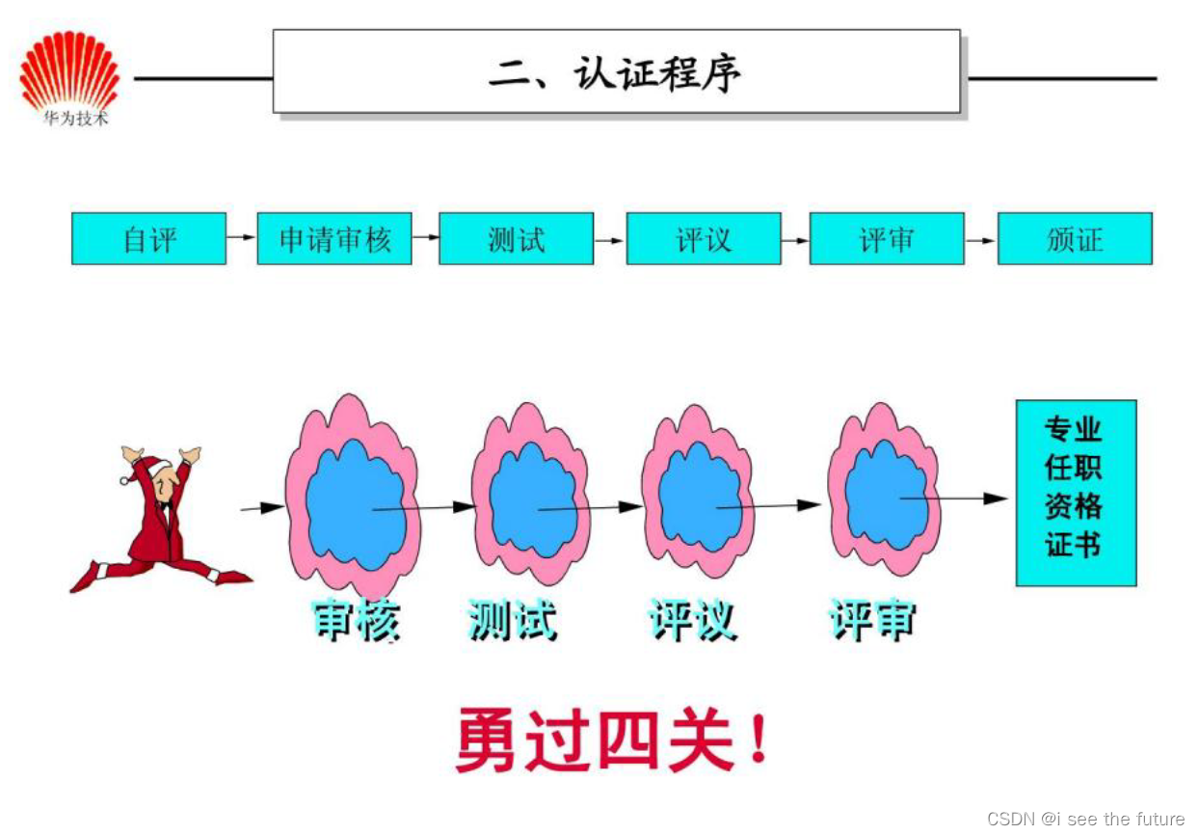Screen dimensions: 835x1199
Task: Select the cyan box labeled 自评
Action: (x=148, y=239)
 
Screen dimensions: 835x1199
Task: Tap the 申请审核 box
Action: (x=334, y=239)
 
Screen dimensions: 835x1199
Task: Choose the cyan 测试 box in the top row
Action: (x=517, y=239)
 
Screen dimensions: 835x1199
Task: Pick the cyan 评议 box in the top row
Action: (x=704, y=239)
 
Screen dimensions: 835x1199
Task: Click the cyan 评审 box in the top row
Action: (x=887, y=239)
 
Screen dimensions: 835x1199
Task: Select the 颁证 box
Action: (x=1075, y=239)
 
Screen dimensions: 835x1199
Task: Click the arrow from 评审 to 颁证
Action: (x=981, y=239)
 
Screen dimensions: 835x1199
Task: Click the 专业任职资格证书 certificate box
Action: (x=1076, y=493)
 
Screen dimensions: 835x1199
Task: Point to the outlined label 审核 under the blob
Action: (x=356, y=621)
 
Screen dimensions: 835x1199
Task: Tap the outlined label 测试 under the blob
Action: (x=512, y=621)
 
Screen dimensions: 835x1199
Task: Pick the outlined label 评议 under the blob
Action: (x=692, y=621)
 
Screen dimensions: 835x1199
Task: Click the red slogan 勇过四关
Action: (x=613, y=741)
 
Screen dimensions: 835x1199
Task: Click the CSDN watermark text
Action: (x=1085, y=819)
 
